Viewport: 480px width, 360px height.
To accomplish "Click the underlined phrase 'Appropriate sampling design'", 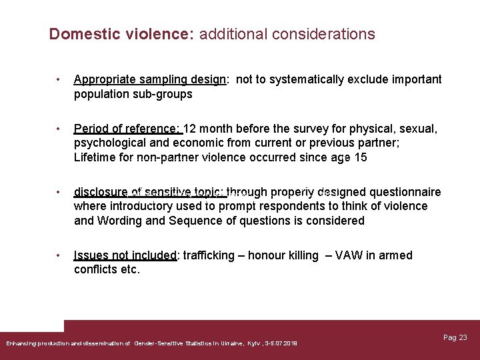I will [150, 80].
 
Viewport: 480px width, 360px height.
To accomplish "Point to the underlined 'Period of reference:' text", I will [127, 129].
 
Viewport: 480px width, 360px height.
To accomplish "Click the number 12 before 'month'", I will [190, 129].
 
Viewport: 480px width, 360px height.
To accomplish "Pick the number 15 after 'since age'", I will [361, 158].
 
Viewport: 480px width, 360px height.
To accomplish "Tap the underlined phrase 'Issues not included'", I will [125, 255].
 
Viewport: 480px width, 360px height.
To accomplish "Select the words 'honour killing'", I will [283, 255].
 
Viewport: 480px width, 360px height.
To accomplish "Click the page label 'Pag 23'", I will [455, 338].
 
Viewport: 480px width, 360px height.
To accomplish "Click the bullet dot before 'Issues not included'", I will [59, 255].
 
